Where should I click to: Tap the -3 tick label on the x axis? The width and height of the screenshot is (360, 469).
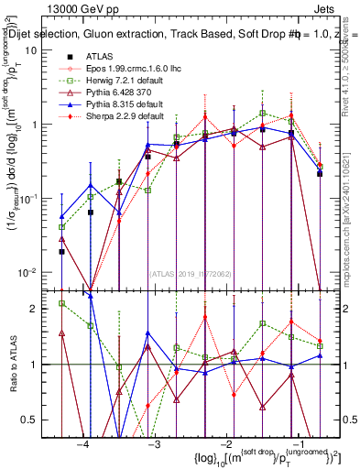coord(155,443)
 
